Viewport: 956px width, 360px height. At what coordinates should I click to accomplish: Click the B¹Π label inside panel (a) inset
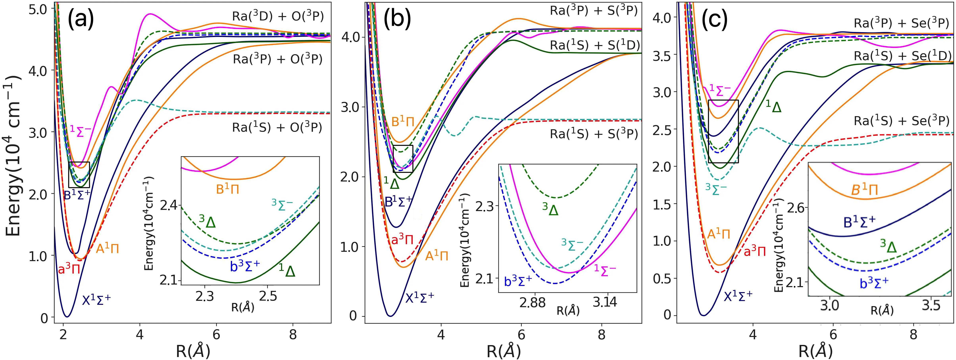tap(227, 189)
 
